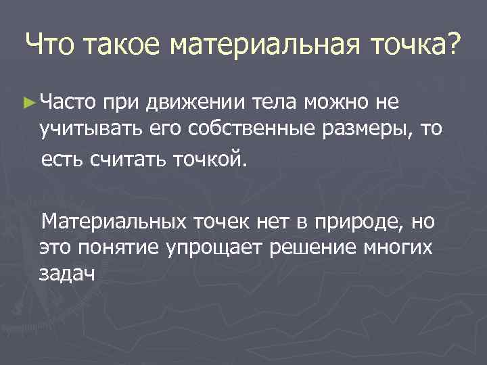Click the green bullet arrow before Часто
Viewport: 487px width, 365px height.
[28, 102]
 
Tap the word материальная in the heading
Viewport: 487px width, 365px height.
[256, 47]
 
